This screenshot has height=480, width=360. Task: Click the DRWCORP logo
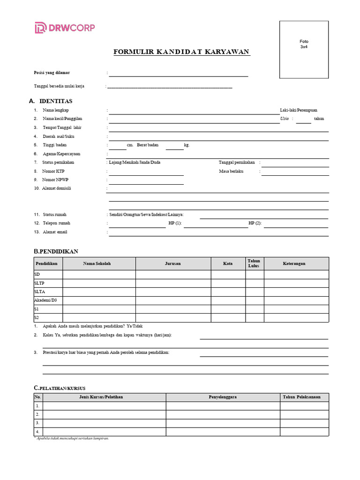click(64, 28)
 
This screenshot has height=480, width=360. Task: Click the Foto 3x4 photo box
click(304, 49)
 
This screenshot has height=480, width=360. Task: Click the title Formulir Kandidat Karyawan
click(182, 52)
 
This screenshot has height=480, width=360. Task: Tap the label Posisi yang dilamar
click(52, 73)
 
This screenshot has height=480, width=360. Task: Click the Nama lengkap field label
click(56, 110)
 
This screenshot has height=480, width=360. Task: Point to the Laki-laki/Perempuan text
click(299, 110)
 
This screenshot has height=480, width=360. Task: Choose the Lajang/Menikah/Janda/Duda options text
click(135, 162)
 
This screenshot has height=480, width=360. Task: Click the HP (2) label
click(255, 223)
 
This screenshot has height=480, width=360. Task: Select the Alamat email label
click(55, 232)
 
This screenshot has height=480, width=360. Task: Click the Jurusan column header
click(173, 263)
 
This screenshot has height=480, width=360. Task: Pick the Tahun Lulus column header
click(254, 263)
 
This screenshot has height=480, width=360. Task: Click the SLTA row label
click(40, 292)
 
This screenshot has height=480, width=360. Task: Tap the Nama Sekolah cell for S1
click(99, 309)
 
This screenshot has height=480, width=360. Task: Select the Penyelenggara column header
click(223, 397)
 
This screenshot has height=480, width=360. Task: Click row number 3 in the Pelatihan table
click(37, 423)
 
